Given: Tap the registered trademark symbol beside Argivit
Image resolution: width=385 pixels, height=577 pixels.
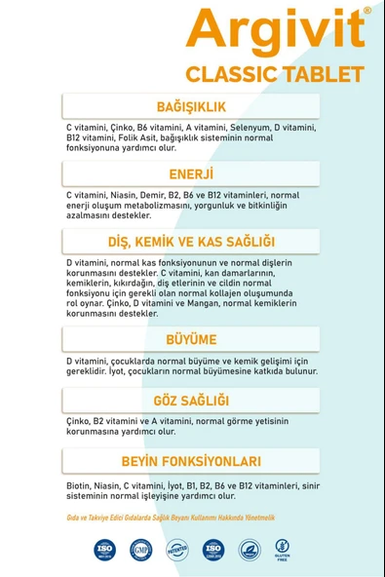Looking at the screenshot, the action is point(366,11).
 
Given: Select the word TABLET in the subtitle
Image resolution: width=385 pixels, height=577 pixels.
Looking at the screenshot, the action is point(322,74).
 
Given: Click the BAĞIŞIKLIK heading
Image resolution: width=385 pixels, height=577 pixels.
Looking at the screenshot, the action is point(191,106).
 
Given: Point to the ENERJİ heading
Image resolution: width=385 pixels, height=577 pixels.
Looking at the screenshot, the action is point(191,174).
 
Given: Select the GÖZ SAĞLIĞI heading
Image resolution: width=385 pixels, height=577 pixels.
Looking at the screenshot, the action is point(191,401).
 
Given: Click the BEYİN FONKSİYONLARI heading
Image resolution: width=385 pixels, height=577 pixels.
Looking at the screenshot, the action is point(191,461).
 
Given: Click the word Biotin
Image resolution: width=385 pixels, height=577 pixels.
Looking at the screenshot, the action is point(81,484).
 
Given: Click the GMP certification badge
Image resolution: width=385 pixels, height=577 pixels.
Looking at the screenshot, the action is point(140,549).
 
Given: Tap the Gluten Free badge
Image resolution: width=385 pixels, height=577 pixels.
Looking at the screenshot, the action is point(283,549).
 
